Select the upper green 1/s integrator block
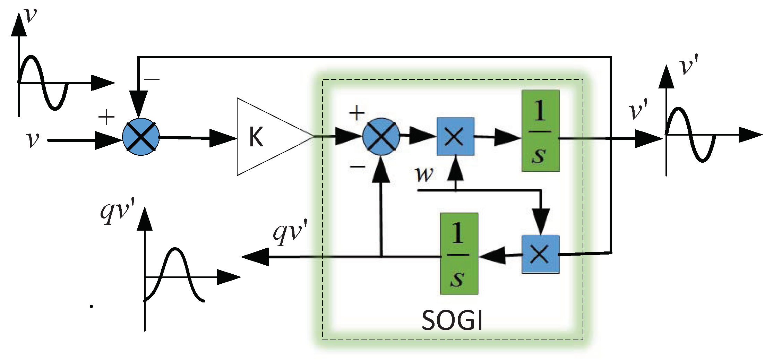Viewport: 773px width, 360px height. pos(541,131)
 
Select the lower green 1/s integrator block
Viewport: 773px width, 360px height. pos(459,254)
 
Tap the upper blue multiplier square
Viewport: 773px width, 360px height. pos(455,136)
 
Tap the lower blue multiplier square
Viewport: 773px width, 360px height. pos(540,254)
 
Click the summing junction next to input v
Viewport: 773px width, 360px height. pos(141,137)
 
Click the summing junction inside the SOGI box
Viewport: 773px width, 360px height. pos(381,136)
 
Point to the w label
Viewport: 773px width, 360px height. pos(424,174)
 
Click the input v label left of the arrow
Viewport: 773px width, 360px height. pos(33,140)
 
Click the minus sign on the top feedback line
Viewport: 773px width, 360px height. pos(152,79)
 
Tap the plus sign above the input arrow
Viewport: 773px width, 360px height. pos(106,117)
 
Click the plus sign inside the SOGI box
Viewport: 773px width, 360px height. pos(357,113)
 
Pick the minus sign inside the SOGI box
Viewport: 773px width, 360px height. pos(357,167)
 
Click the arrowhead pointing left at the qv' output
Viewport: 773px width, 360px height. pos(255,257)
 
